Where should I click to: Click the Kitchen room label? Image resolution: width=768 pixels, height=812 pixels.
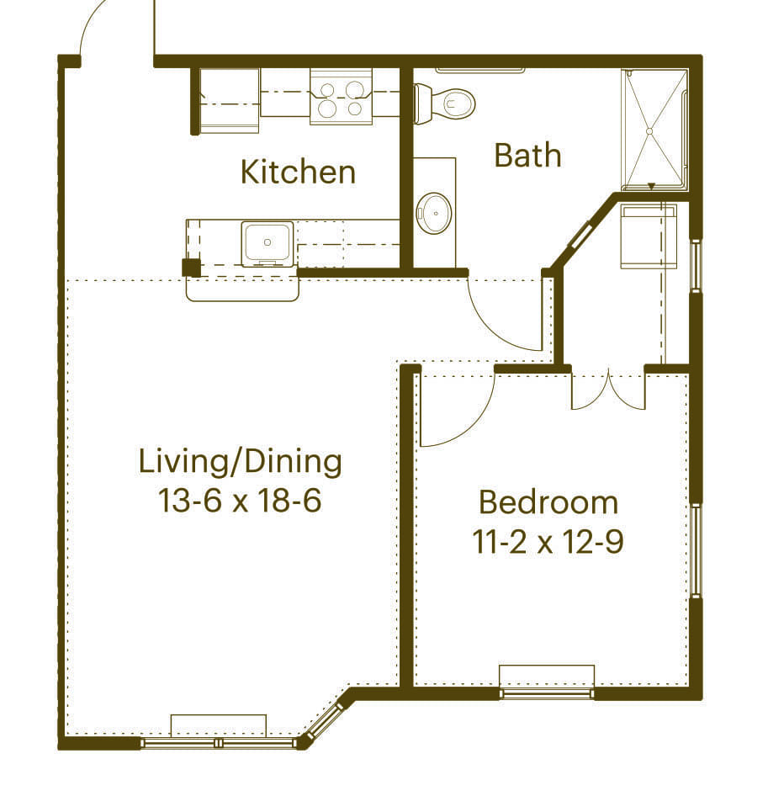tap(298, 172)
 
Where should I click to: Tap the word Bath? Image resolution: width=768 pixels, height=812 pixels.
tap(527, 155)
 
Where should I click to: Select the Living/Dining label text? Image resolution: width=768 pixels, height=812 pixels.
tap(241, 461)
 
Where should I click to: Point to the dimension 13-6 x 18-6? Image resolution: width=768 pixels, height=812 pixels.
tap(241, 502)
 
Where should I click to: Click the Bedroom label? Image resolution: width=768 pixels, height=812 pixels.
tap(548, 502)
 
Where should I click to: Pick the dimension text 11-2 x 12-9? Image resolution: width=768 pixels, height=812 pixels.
tap(548, 543)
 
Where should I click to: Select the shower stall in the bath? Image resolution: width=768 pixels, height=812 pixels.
tap(654, 130)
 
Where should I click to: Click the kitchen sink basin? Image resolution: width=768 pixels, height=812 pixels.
tap(267, 243)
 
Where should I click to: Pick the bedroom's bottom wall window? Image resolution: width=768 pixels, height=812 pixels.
tap(547, 693)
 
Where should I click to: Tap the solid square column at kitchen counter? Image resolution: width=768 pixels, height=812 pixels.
tap(192, 268)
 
